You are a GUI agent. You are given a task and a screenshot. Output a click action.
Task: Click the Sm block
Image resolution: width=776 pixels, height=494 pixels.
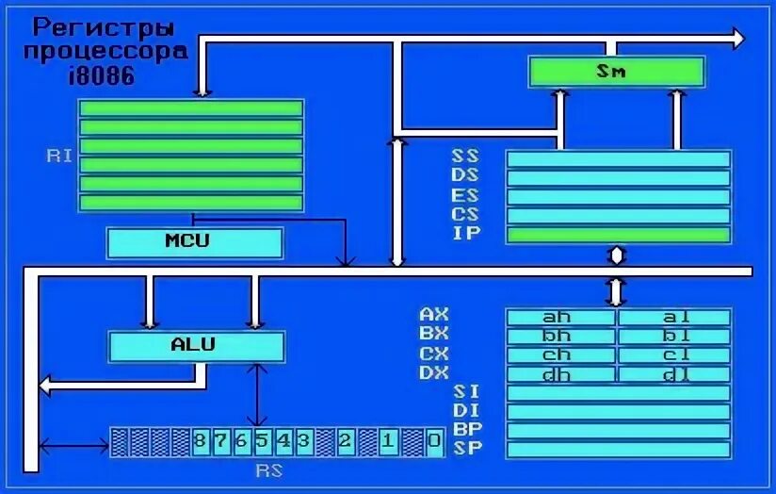point(616,72)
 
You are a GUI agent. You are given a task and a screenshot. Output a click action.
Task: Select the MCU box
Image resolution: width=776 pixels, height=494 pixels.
point(195,242)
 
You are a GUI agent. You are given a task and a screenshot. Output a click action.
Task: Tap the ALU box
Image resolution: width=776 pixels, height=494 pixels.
point(195,345)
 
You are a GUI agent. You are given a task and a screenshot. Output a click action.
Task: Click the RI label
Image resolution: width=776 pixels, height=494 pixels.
point(59,156)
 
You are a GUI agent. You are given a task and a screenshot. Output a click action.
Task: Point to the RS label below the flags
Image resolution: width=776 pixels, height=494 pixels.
point(269,470)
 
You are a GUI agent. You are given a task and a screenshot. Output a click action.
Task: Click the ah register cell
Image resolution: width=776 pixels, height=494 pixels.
point(561,318)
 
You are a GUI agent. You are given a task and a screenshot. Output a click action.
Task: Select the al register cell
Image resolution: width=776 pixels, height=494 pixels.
point(674,318)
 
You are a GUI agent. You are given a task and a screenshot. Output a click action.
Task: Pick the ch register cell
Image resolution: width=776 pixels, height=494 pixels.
point(561,355)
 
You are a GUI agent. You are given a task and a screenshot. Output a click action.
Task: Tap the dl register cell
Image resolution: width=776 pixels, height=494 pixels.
point(674,374)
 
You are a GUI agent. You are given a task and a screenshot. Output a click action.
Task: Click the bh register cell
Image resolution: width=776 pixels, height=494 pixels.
point(561,337)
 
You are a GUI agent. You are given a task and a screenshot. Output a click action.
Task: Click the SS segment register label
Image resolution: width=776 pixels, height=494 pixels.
point(465,157)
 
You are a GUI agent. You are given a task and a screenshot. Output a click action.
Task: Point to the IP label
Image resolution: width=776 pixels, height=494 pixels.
point(465,234)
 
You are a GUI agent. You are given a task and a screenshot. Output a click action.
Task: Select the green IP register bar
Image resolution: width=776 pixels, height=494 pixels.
point(618,235)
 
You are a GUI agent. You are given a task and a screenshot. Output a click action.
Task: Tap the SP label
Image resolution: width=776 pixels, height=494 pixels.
point(467,448)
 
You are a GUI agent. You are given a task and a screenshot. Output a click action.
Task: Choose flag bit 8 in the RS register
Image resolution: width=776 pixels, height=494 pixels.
point(200,441)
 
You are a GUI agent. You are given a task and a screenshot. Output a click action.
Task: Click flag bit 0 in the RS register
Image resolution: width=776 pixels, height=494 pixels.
point(433,441)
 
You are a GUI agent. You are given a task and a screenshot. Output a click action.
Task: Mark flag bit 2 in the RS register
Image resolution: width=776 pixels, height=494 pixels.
point(346,441)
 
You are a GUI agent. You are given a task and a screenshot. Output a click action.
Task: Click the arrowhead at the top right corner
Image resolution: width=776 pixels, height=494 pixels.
point(737,39)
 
